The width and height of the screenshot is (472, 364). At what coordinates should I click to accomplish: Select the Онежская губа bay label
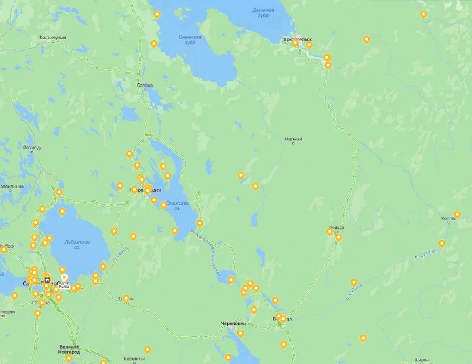point(189,40)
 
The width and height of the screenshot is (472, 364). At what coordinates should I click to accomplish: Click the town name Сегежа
point(145,85)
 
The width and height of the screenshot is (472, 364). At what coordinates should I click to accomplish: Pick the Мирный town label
point(293,139)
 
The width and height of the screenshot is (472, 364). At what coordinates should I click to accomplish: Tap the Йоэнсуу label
point(31,147)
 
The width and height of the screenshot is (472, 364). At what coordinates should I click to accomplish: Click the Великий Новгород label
point(70,349)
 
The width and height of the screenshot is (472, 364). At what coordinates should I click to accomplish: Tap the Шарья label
point(421,359)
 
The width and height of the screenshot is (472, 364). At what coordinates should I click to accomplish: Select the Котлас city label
point(448,219)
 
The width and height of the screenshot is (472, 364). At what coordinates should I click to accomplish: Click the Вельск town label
point(337,227)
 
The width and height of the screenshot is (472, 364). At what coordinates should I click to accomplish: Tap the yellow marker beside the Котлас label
point(457,214)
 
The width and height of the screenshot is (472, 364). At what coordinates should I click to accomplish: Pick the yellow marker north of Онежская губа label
point(157,15)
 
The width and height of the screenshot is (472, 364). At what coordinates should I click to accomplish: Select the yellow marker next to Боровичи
point(147,349)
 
